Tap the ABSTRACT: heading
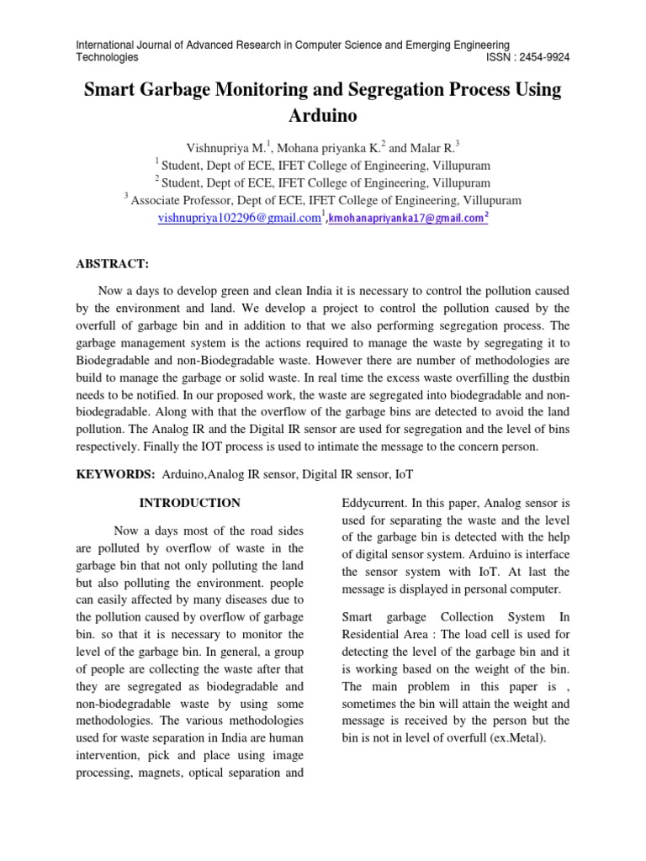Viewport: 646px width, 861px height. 113,264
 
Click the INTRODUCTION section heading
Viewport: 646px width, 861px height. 189,503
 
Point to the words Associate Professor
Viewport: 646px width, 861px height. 181,200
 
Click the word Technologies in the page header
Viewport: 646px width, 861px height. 108,57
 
